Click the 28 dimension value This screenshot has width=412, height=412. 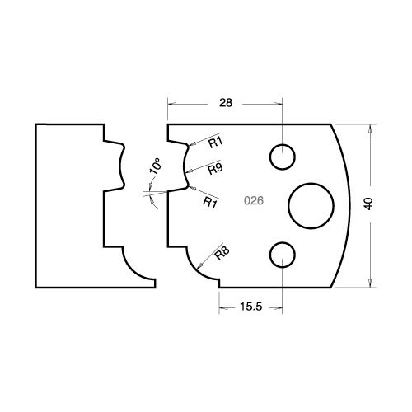tap(226, 103)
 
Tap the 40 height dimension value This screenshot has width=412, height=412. tap(369, 204)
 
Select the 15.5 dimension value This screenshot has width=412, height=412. tap(251, 307)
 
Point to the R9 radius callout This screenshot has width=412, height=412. tap(215, 169)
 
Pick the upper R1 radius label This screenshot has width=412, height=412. tap(216, 143)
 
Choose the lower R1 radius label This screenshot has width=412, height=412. tap(210, 203)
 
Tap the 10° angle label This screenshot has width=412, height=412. tap(155, 166)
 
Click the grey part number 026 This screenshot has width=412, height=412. tap(254, 201)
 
